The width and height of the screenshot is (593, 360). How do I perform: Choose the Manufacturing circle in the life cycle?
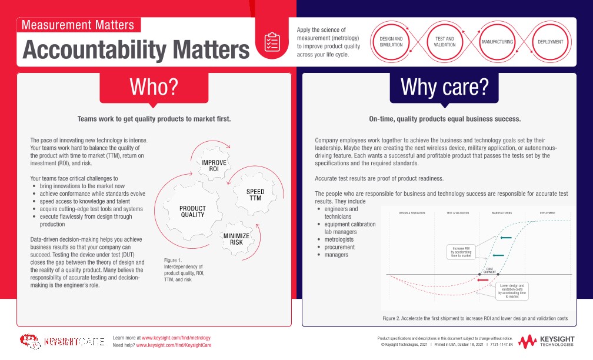point(498,42)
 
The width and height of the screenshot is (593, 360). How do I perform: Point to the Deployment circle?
point(551,42)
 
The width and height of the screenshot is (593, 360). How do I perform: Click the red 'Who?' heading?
point(154,86)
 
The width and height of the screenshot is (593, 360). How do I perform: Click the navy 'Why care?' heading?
point(444,86)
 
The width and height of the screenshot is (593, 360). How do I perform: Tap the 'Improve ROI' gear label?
point(210,165)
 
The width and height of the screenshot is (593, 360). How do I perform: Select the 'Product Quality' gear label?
point(192,212)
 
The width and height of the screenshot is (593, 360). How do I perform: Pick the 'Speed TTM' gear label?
point(255,195)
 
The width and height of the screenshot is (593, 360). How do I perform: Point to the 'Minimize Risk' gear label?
point(236,239)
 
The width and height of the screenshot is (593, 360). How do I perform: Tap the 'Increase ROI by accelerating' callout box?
point(462,252)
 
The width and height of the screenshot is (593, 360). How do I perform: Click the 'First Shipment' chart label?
point(489,270)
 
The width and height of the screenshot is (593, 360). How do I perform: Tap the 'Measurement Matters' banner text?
point(78,25)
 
